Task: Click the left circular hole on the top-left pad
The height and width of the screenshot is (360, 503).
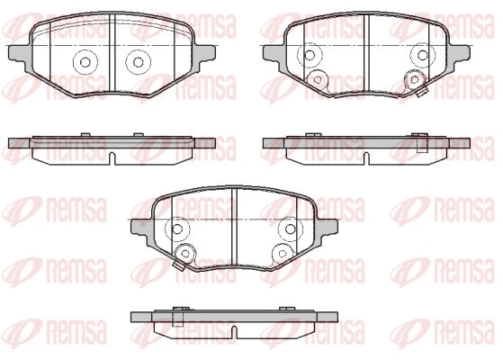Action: pos(86,62)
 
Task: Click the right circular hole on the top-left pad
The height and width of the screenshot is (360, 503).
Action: pos(138,62)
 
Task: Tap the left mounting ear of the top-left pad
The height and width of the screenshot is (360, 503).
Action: pos(17,53)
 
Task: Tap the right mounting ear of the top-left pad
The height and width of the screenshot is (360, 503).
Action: pos(206,53)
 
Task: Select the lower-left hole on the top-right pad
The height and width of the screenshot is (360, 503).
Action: pos(318,79)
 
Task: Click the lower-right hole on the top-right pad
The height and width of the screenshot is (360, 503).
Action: pos(415,79)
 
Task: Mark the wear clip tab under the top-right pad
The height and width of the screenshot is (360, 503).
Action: pos(419,92)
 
